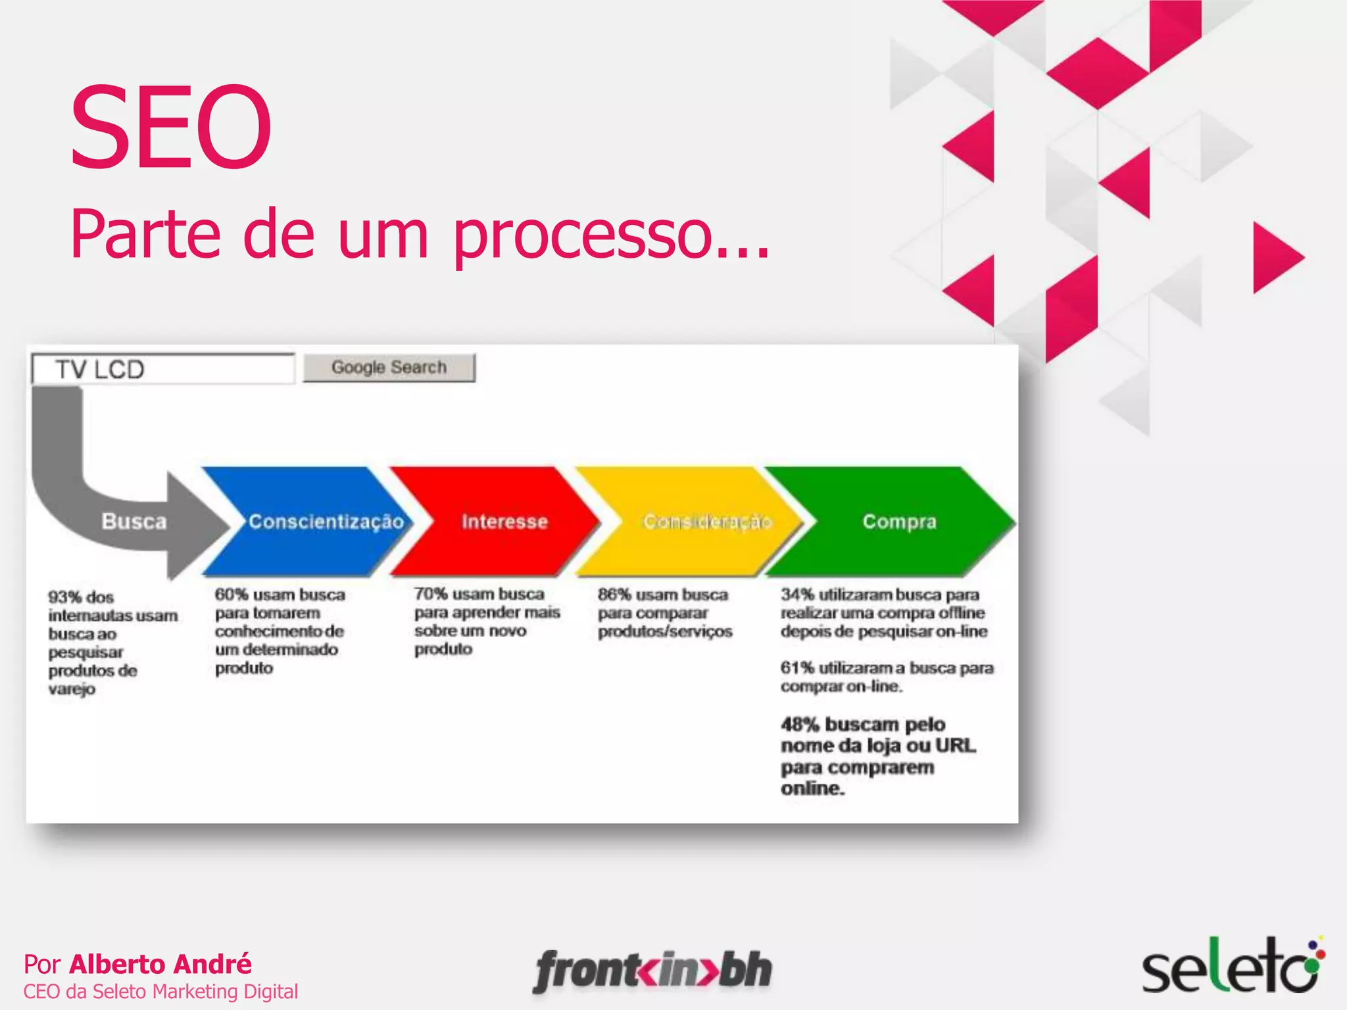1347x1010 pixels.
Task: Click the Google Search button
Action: click(389, 368)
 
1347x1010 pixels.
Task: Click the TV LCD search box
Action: click(162, 369)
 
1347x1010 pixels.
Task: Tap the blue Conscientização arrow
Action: click(309, 521)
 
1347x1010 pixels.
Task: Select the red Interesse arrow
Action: click(500, 521)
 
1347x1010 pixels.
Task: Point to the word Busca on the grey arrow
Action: click(134, 521)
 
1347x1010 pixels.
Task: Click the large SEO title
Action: click(170, 126)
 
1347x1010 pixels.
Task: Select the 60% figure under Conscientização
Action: click(232, 594)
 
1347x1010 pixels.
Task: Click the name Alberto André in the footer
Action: click(160, 964)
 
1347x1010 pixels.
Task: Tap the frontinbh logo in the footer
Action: click(652, 971)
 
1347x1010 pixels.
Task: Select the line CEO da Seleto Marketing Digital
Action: click(160, 992)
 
